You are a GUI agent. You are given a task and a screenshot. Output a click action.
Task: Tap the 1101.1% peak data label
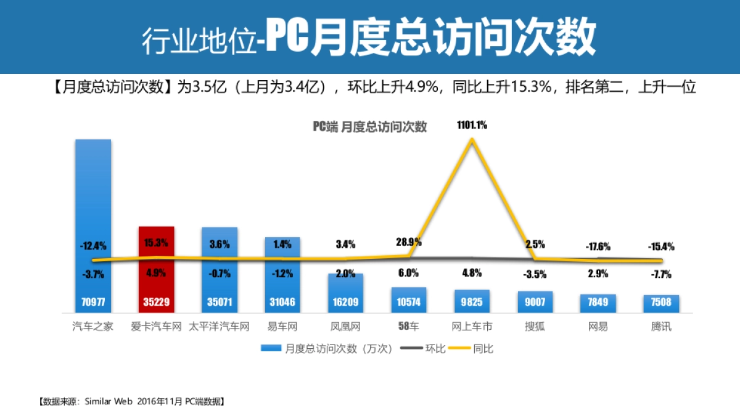tap(472, 125)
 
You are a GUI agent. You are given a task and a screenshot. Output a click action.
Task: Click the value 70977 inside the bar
tap(93, 303)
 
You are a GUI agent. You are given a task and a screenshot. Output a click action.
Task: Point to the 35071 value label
tap(219, 303)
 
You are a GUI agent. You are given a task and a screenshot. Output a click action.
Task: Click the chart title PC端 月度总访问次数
tap(369, 127)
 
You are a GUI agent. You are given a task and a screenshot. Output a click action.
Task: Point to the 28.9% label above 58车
tap(408, 242)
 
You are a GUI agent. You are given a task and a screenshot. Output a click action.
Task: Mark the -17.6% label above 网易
tap(598, 247)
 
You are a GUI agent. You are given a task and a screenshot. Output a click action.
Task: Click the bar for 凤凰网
tap(345, 293)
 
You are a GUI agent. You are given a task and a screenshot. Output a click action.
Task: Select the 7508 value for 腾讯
tap(661, 303)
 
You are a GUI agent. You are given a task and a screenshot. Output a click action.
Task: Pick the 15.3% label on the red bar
tap(156, 243)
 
